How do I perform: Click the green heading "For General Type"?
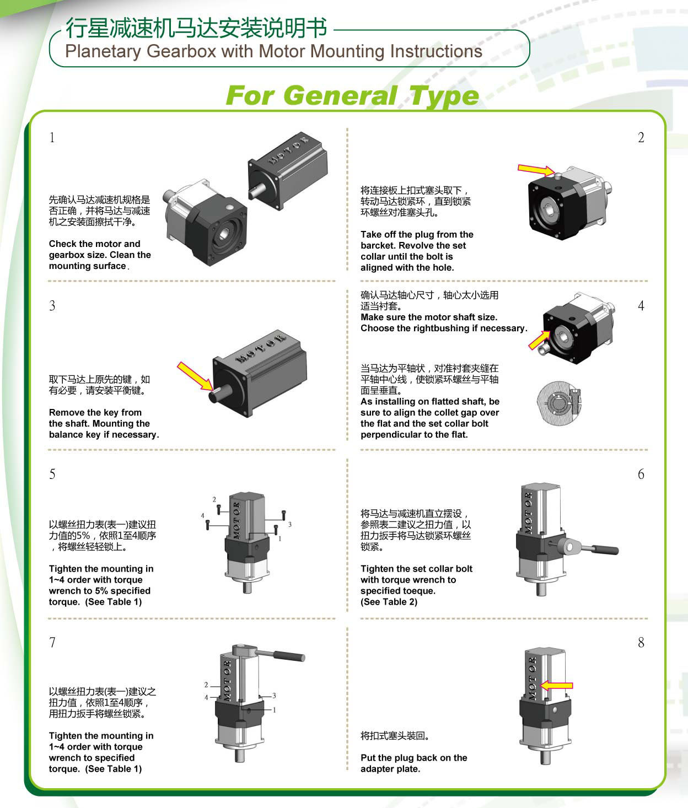352,96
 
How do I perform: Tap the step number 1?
52,138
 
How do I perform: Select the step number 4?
641,305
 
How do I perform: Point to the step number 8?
641,642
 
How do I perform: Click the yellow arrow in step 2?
536,170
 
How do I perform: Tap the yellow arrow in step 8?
557,685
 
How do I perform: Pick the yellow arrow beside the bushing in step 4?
540,340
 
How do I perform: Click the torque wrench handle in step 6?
605,549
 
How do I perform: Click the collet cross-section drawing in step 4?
559,403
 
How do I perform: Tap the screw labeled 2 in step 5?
219,509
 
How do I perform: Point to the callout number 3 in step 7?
274,696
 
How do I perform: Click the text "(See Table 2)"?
389,602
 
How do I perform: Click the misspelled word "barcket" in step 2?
377,245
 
